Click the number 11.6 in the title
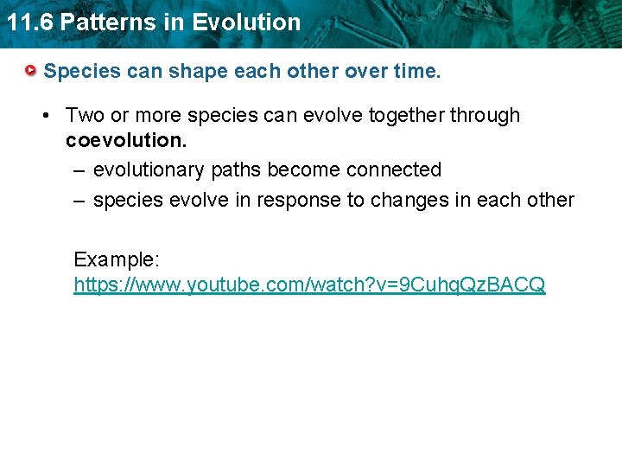pyautogui.click(x=28, y=22)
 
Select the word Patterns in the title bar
pyautogui.click(x=111, y=22)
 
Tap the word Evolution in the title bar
pyautogui.click(x=246, y=22)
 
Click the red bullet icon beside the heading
pyautogui.click(x=31, y=69)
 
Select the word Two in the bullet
pyautogui.click(x=84, y=115)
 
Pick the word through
pyautogui.click(x=488, y=116)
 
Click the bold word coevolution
pyautogui.click(x=124, y=140)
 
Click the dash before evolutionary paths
pyautogui.click(x=78, y=170)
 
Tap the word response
pyautogui.click(x=297, y=201)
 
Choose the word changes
pyautogui.click(x=409, y=201)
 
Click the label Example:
pyautogui.click(x=116, y=259)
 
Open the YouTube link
pyautogui.click(x=309, y=284)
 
